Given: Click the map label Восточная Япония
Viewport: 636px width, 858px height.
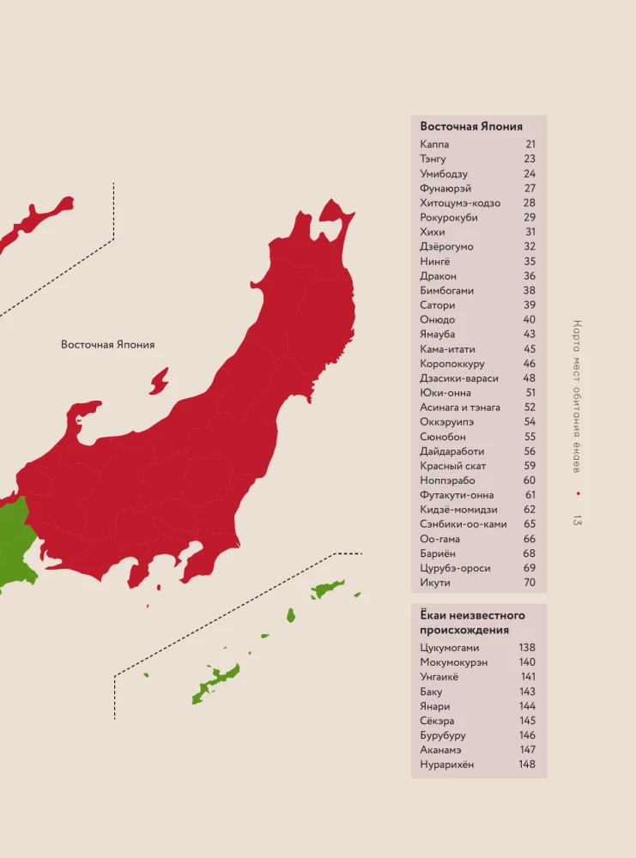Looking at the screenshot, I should coord(108,345).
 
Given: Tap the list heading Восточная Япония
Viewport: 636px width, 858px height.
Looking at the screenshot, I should coord(471,126).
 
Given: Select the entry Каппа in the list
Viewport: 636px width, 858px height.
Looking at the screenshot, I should coord(435,145).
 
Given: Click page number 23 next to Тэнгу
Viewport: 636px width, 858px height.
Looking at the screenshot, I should coord(530,160).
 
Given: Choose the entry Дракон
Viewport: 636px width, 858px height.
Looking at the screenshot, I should coord(439,276).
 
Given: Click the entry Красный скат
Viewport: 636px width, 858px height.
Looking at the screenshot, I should coord(453,466).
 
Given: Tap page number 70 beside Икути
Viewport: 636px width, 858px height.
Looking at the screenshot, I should coord(530,583).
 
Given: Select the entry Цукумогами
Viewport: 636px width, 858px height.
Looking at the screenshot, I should coord(450,648).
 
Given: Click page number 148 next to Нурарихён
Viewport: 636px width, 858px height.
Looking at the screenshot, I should coord(527,764).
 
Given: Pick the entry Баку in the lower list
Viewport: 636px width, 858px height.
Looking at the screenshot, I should coord(432,692).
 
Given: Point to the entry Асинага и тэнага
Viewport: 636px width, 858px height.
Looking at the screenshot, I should coord(460,408).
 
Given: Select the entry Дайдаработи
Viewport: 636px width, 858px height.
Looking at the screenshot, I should coord(452,451).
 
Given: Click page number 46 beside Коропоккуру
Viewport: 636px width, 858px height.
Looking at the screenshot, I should coord(530,364).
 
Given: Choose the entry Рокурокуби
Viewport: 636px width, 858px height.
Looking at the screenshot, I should coord(449,218).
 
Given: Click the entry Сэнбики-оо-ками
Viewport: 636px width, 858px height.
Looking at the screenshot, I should coord(463,524).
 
